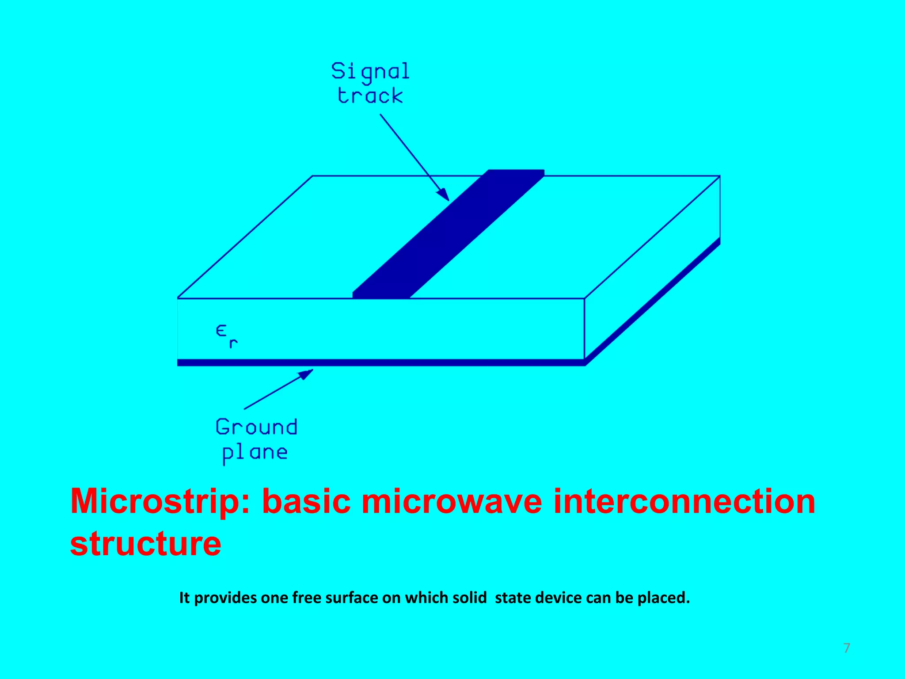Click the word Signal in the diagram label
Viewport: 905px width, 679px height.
370,72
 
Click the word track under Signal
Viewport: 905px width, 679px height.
370,96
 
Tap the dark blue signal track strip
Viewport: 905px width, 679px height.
449,234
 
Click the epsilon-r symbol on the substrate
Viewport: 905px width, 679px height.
227,336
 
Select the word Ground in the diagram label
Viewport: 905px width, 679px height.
256,427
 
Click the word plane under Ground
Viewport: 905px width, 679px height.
255,453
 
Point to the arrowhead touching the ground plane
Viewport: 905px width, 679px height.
306,374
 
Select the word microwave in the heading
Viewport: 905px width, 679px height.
452,502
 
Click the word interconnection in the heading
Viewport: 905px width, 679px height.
684,502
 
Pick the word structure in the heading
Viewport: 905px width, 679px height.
145,544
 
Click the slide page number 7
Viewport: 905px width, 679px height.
847,648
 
